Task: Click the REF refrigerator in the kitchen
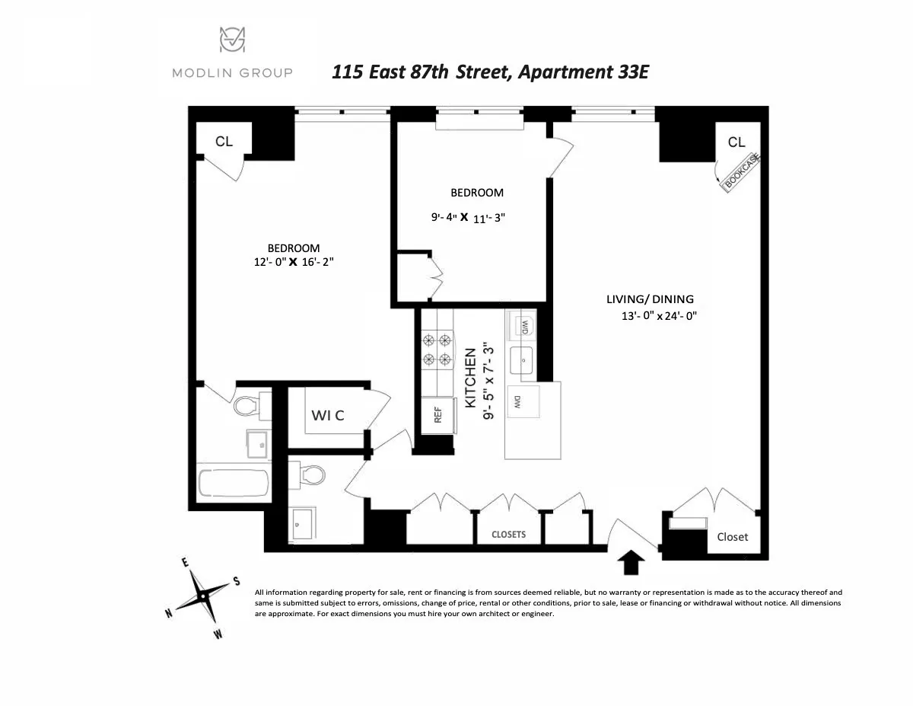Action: (x=438, y=414)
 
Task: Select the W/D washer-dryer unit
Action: (x=523, y=327)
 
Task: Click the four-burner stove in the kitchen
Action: (x=437, y=350)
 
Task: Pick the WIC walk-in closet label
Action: (x=328, y=415)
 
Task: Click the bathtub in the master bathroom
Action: (x=233, y=484)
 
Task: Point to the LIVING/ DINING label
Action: (x=650, y=299)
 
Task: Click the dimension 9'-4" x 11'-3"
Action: (x=467, y=216)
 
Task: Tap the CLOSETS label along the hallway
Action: (x=508, y=534)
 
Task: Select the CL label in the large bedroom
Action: (x=224, y=142)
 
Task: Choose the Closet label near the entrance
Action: (x=732, y=537)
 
